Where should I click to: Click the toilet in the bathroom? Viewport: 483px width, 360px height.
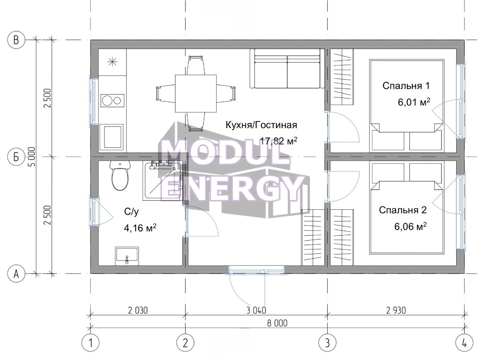coord(120,175)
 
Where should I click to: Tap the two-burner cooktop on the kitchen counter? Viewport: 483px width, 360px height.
coord(112,100)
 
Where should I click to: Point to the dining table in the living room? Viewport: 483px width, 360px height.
coord(195,93)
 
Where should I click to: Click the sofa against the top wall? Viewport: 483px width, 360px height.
coord(288,68)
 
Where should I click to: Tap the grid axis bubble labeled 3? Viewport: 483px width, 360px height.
coord(327,342)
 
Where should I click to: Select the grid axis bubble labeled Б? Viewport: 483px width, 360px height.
coord(16,157)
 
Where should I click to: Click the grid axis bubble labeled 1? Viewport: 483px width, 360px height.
coord(90,342)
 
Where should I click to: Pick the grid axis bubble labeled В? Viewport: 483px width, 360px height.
coord(16,40)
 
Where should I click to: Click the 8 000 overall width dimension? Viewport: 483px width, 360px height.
coord(277,323)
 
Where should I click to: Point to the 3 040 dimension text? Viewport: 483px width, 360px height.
coord(256,310)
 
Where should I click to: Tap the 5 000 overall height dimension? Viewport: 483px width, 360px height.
coord(32,157)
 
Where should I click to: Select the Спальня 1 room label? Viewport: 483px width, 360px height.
coord(406,85)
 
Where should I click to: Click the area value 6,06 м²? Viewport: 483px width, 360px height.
coord(411,226)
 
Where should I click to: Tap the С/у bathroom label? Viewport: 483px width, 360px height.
coord(132,211)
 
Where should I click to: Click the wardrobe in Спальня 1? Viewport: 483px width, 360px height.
coord(342,77)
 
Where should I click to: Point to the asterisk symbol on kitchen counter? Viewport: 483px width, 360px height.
coord(112,62)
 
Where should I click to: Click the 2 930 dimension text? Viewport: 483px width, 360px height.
coord(396,310)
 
